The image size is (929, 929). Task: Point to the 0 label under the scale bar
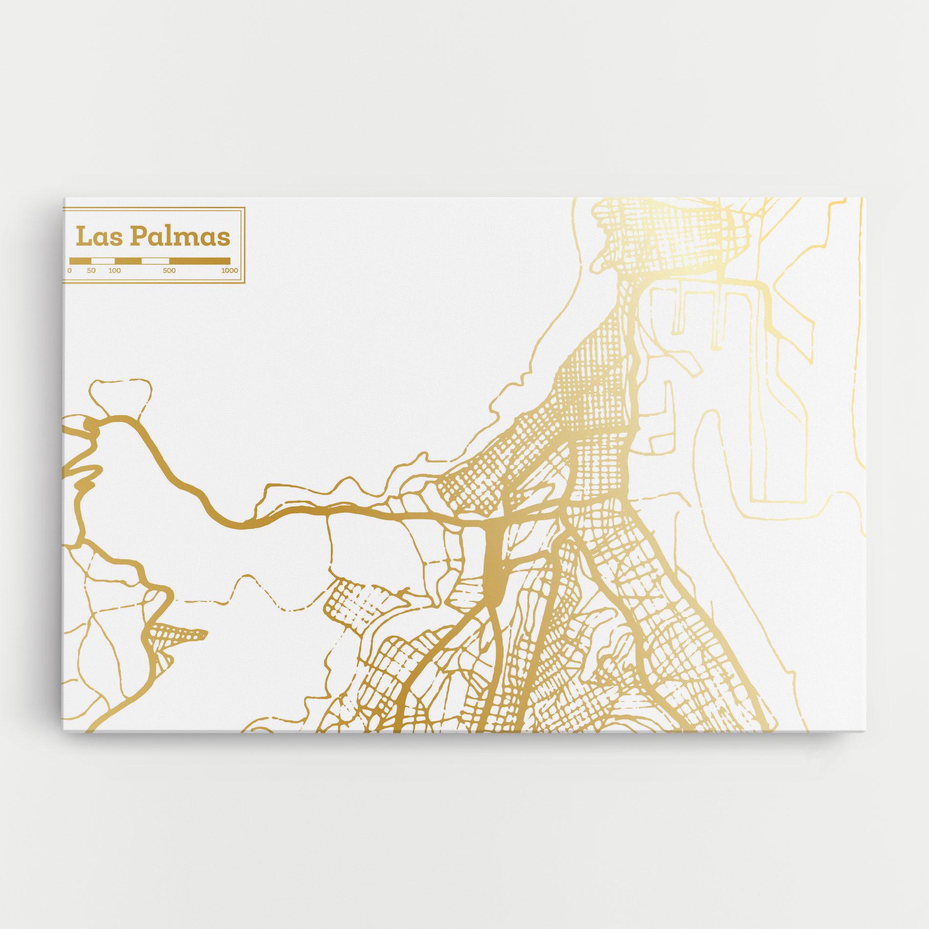[x=69, y=270]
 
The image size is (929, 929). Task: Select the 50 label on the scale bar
[x=91, y=270]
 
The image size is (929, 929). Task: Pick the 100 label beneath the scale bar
[x=115, y=270]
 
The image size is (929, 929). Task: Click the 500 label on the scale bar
[x=169, y=270]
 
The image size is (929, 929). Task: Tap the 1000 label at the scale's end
[x=229, y=270]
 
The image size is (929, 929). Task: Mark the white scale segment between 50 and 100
[x=103, y=261]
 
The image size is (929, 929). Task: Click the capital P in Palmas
[x=138, y=237]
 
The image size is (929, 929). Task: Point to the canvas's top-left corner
[x=64, y=198]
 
